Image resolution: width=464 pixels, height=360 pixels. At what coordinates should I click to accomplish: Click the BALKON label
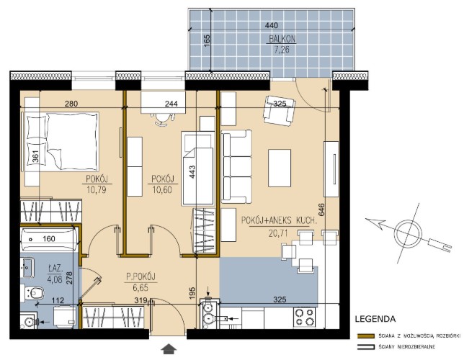pos(282,39)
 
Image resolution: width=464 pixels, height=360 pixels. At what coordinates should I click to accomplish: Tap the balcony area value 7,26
pos(282,50)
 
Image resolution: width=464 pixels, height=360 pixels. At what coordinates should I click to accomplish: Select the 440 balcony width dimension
pos(272,25)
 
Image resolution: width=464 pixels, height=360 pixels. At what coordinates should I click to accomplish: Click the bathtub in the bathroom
pos(49,239)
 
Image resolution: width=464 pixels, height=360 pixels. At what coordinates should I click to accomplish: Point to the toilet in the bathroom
pos(34,293)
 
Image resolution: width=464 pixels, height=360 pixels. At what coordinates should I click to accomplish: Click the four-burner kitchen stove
pos(305,317)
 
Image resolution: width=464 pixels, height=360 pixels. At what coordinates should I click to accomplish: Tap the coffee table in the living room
pos(280,168)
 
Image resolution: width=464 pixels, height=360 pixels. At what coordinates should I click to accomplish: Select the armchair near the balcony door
pos(280,111)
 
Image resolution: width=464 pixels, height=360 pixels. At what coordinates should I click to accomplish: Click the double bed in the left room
pos(61,141)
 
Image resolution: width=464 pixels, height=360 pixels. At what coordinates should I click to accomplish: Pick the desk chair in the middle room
pos(161,120)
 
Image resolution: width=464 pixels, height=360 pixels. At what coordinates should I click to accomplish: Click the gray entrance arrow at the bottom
pos(169,349)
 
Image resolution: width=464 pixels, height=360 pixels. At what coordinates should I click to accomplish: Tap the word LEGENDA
pos(375,319)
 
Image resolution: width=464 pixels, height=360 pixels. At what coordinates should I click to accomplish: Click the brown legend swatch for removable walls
pos(366,336)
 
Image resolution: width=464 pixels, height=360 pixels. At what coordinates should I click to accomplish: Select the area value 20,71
pos(278,233)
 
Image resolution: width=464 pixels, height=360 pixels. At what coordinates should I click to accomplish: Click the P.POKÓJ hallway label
pos(141,277)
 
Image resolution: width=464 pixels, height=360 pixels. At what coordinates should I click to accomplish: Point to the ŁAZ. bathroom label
pos(55,269)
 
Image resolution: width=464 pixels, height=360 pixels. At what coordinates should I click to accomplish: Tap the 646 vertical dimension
pos(321,210)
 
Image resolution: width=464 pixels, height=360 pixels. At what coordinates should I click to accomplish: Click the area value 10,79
pos(97,189)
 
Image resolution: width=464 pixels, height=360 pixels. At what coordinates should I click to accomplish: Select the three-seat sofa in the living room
pos(236,166)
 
